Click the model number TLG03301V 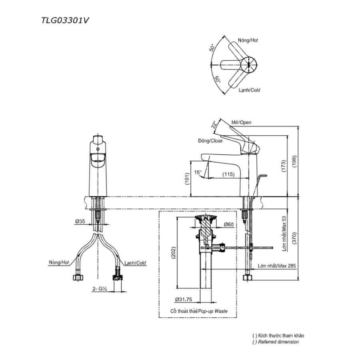(65, 21)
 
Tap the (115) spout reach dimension (228, 174)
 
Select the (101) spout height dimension (187, 179)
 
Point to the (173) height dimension (284, 166)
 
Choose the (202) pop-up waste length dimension (173, 252)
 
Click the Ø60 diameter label (229, 224)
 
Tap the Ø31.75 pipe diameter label (184, 299)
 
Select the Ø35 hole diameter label (80, 221)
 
